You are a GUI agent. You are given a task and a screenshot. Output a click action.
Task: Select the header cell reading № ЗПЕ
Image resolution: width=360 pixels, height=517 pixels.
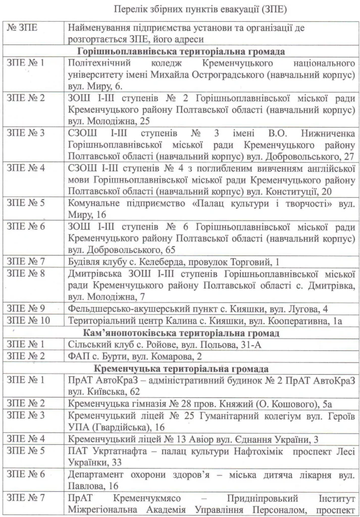click(21, 30)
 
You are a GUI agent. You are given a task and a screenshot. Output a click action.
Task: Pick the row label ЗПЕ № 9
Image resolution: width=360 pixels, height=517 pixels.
click(26, 308)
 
